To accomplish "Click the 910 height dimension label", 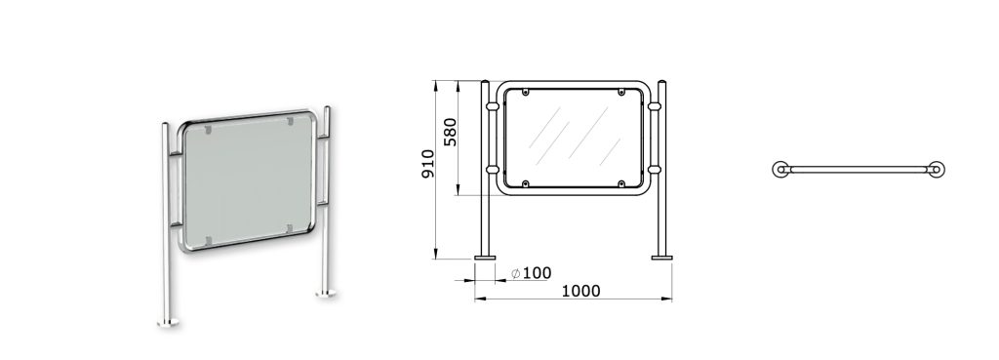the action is pos(428,164).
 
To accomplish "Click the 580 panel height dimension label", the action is pos(451,132).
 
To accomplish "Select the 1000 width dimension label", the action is pos(580,291).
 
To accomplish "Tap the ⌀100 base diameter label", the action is pos(532,273).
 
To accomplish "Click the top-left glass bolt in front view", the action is pos(526,93).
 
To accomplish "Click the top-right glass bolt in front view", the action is pos(621,93).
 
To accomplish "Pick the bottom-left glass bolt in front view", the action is pos(526,183).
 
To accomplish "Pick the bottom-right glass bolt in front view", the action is pos(621,183).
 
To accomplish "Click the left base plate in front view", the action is pos(485,258).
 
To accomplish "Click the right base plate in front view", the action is pos(661,258).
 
